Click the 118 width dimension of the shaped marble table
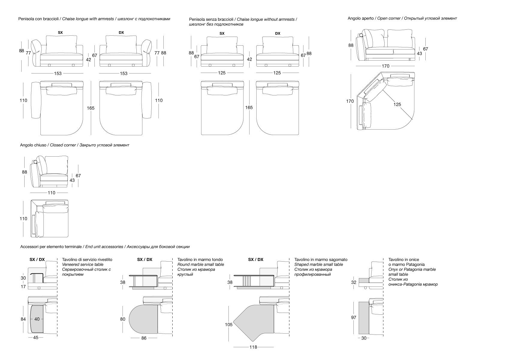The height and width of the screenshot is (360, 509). pyautogui.click(x=253, y=347)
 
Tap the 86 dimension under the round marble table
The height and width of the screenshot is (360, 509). pyautogui.click(x=144, y=338)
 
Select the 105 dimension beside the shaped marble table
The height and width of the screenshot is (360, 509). pyautogui.click(x=229, y=324)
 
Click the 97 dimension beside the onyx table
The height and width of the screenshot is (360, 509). pyautogui.click(x=354, y=317)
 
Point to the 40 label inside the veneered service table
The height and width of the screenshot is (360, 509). pyautogui.click(x=37, y=319)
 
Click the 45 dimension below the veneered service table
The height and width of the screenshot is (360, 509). pyautogui.click(x=36, y=337)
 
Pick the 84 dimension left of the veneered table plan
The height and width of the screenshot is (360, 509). pyautogui.click(x=23, y=319)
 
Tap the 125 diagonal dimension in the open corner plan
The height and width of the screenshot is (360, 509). pyautogui.click(x=397, y=104)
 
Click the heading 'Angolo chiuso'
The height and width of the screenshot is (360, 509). pyautogui.click(x=33, y=145)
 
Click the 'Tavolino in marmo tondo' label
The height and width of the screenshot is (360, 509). pyautogui.click(x=200, y=259)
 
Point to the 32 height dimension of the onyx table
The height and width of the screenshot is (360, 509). pyautogui.click(x=354, y=282)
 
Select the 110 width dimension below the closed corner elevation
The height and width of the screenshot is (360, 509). pyautogui.click(x=52, y=193)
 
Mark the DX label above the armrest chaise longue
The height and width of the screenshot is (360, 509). pyautogui.click(x=121, y=32)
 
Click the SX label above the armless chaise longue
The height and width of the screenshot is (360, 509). pyautogui.click(x=222, y=33)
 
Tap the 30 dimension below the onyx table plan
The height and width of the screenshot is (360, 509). pyautogui.click(x=364, y=338)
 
